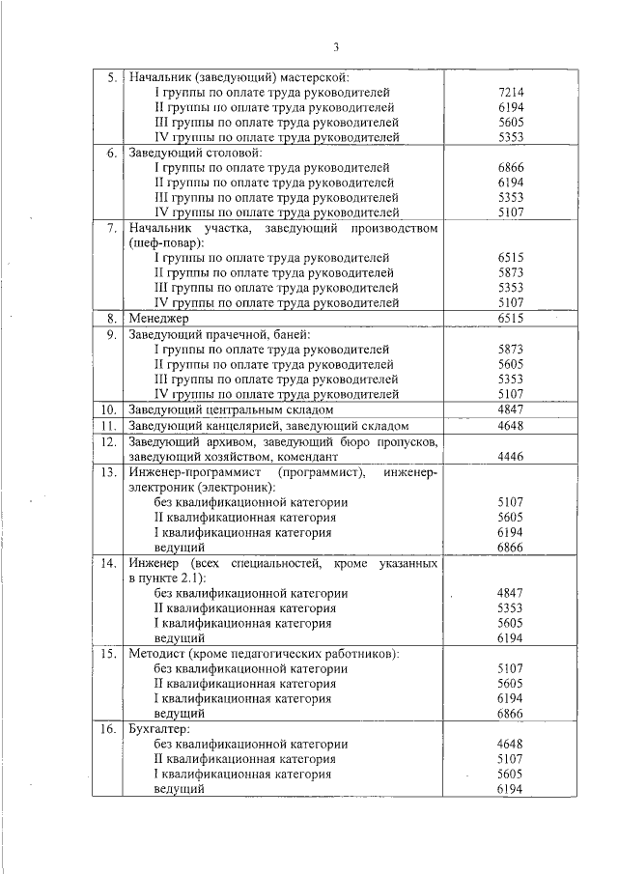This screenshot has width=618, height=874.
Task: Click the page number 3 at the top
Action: click(x=336, y=46)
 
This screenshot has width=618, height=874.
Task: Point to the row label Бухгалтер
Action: click(x=160, y=729)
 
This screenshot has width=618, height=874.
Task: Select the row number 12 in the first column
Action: click(x=108, y=441)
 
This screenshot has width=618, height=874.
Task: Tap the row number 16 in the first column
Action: click(x=108, y=729)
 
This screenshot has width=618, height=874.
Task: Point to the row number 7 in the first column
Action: click(x=111, y=229)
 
